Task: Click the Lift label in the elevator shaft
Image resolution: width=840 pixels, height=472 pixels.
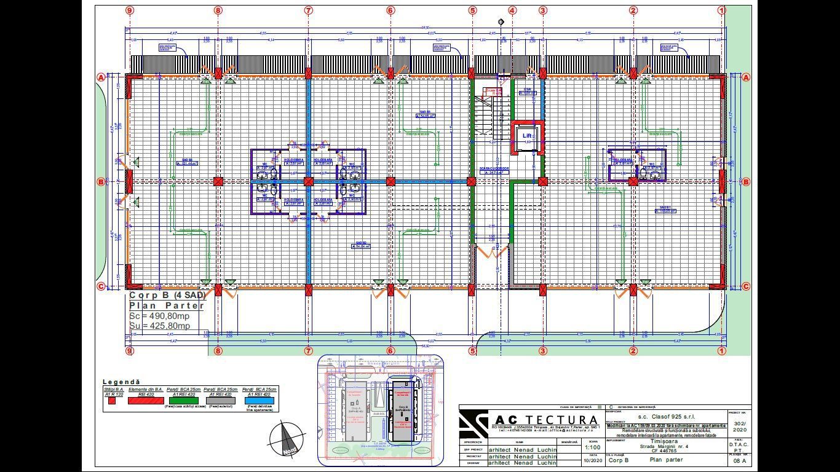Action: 527,136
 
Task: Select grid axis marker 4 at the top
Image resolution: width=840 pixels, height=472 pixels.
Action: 512,10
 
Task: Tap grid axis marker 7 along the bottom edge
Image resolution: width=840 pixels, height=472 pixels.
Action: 309,351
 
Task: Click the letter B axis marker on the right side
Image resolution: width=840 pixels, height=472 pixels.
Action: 746,182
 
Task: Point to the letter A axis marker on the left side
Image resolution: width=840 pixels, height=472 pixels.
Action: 100,77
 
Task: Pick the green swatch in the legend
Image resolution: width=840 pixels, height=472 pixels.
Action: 181,399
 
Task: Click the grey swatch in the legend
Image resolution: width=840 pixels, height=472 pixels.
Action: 220,399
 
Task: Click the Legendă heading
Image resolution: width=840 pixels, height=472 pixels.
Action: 121,382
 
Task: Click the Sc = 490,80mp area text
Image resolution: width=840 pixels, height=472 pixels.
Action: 160,316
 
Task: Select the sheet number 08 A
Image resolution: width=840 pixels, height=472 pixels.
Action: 739,460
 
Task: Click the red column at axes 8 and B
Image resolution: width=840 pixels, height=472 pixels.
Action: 218,181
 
